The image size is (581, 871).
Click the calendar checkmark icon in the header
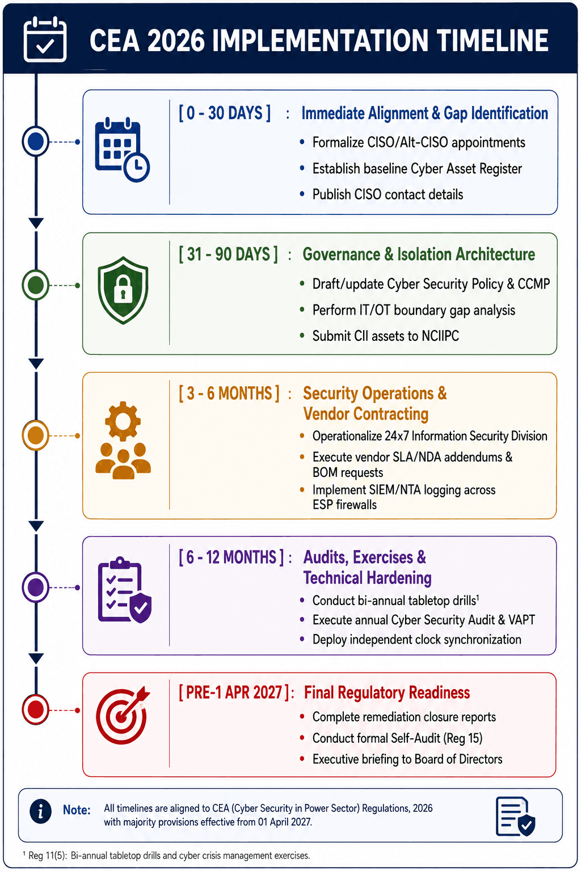tap(45, 39)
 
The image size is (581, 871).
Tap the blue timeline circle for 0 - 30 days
tap(36, 141)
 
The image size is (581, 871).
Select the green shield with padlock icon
tap(123, 290)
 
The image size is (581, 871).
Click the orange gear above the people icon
tap(123, 421)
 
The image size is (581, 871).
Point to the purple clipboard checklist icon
tap(124, 590)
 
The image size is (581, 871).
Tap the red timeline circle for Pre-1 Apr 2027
tap(36, 709)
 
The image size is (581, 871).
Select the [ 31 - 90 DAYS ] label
tap(229, 254)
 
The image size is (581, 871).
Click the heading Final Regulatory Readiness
tap(387, 692)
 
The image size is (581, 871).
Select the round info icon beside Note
tap(40, 811)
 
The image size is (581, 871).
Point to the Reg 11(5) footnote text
tap(167, 856)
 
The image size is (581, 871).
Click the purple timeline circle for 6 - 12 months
tap(36, 587)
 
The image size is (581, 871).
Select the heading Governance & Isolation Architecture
tap(419, 254)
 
